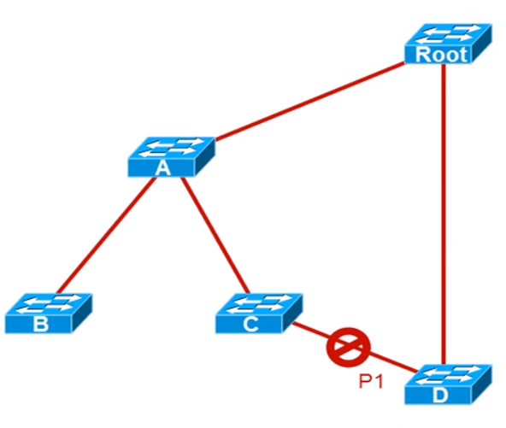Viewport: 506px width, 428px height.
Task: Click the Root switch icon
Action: click(x=448, y=44)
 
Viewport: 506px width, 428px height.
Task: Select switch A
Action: click(x=171, y=156)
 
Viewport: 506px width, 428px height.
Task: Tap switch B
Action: click(x=49, y=314)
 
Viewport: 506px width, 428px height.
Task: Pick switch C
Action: click(x=259, y=314)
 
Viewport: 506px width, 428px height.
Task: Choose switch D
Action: click(x=448, y=384)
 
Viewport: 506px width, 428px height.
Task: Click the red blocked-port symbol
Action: click(x=348, y=348)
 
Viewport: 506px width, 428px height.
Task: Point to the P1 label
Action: click(x=371, y=381)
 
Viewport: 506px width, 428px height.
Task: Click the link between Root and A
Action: click(x=309, y=102)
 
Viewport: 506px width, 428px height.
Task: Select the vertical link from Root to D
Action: click(x=444, y=214)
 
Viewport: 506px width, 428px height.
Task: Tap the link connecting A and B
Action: click(x=106, y=235)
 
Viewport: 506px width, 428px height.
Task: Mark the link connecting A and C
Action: click(x=215, y=235)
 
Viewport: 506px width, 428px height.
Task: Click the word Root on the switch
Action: click(x=441, y=54)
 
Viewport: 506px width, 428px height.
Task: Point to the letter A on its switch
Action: click(x=162, y=167)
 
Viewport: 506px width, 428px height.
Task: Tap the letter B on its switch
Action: click(x=41, y=324)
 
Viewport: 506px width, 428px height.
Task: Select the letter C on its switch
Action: click(x=250, y=324)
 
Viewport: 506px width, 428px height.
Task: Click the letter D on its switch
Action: click(x=440, y=395)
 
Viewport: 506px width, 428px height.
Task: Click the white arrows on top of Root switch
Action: click(x=447, y=34)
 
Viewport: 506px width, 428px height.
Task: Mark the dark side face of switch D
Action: click(x=482, y=384)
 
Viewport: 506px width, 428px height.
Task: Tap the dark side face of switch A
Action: click(x=205, y=156)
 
